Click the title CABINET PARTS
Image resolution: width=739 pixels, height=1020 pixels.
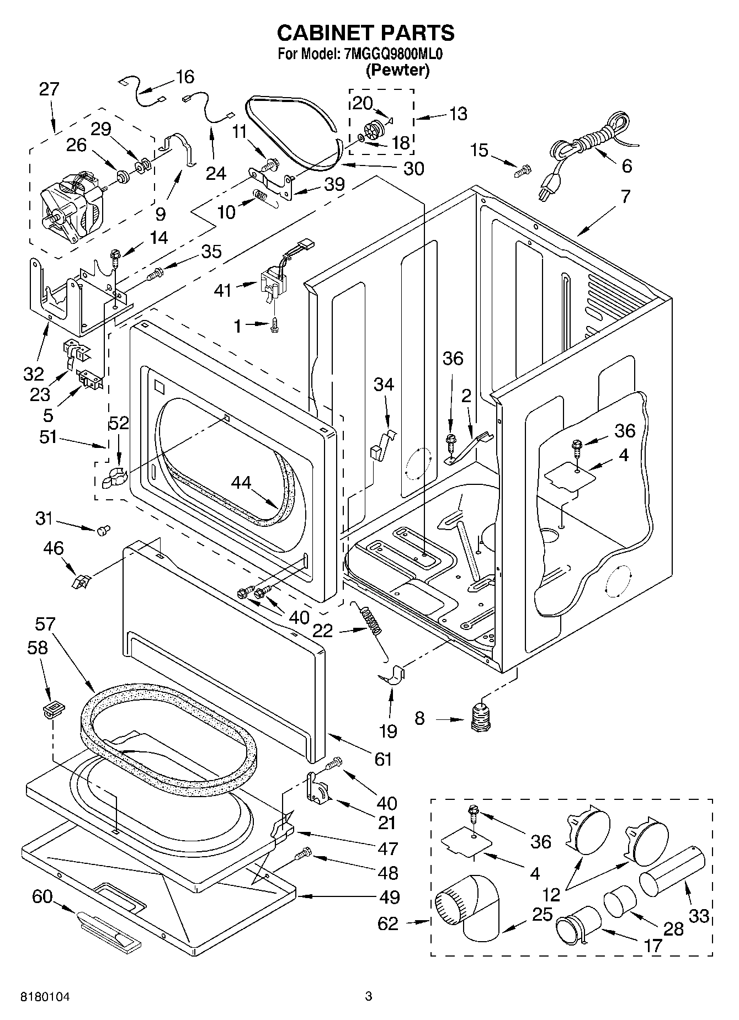[x=365, y=33]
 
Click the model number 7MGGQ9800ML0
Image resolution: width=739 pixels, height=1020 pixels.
[x=394, y=54]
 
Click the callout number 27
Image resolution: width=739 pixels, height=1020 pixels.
[x=49, y=89]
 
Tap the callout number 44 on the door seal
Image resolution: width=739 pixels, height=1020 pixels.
[x=241, y=483]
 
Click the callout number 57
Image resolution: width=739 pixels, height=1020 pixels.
[x=45, y=624]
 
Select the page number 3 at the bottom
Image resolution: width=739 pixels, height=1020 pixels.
[x=369, y=996]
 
